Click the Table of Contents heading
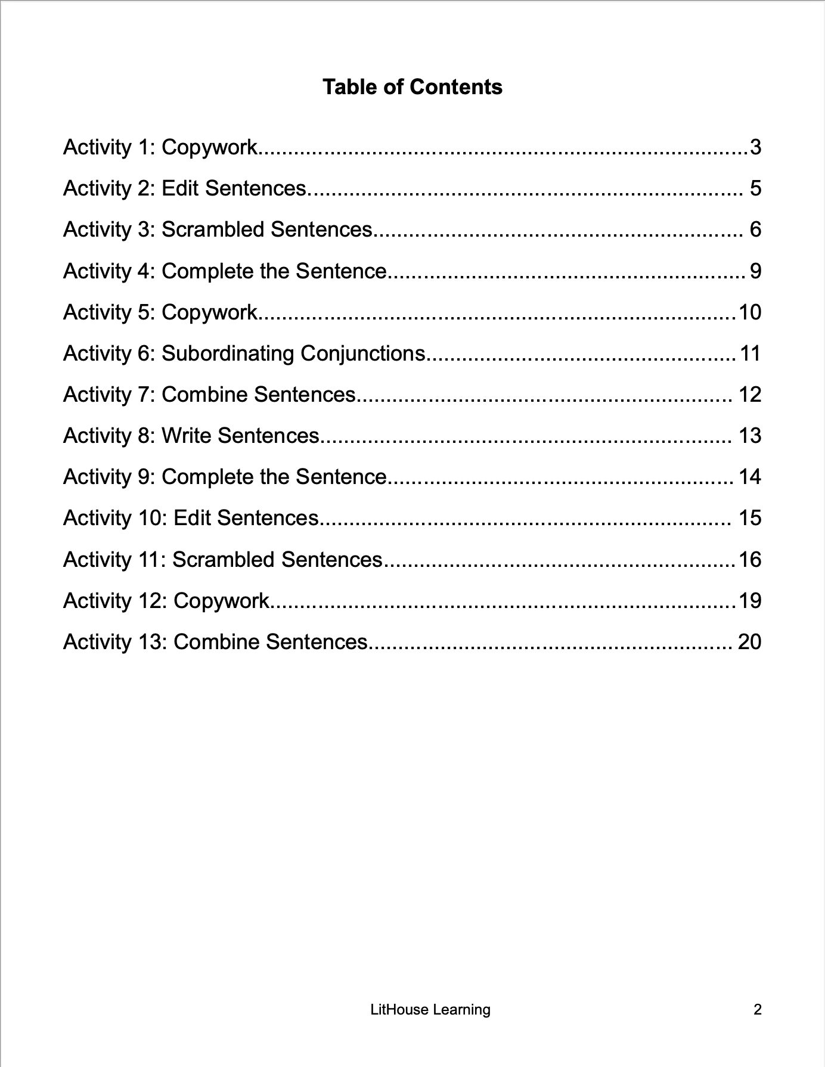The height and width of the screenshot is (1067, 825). click(412, 87)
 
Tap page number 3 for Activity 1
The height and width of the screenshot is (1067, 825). click(755, 147)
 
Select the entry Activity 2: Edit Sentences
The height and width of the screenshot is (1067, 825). click(185, 188)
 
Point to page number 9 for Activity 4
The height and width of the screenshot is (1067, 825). click(755, 271)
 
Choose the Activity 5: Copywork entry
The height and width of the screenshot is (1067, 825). click(160, 312)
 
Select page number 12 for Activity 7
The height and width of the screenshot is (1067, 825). click(750, 395)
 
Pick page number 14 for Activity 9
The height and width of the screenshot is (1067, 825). click(750, 477)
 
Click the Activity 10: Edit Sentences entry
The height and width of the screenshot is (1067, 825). click(191, 518)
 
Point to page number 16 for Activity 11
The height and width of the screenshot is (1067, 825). click(750, 560)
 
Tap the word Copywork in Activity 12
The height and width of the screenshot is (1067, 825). click(221, 601)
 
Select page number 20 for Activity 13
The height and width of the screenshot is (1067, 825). click(750, 642)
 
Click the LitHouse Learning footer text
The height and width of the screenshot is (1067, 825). click(430, 1009)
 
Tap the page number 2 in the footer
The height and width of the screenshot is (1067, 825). click(758, 1009)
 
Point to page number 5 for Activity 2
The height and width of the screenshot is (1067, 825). click(755, 188)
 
